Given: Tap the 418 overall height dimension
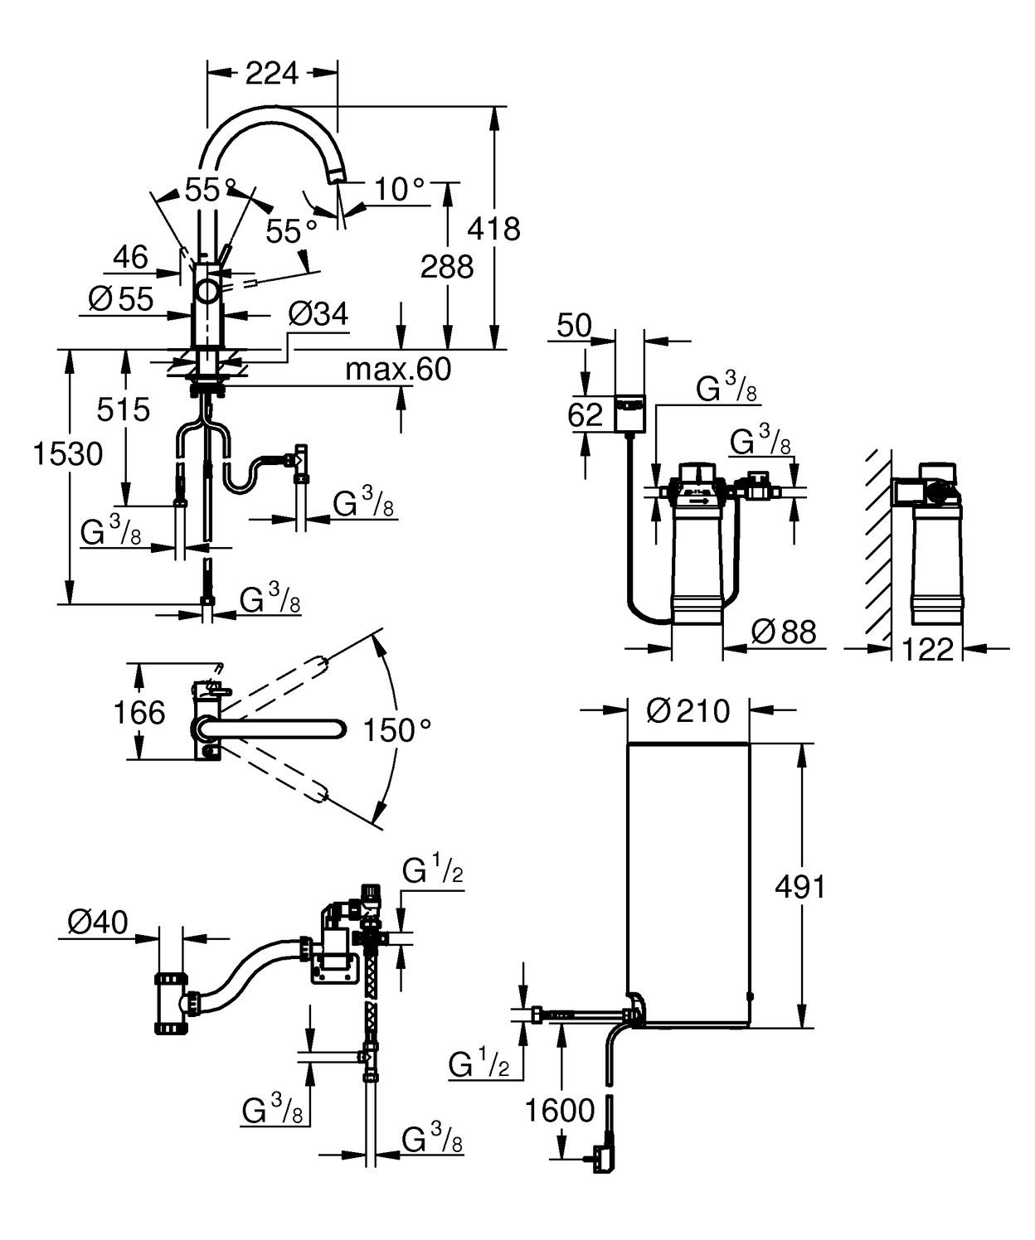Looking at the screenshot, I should [x=493, y=228].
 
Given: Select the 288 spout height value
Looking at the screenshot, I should [x=447, y=267].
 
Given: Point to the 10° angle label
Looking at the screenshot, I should [x=399, y=190].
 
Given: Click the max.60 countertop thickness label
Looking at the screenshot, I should [x=398, y=369].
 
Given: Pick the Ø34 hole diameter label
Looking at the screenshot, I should [x=318, y=314].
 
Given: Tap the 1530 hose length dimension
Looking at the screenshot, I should [x=68, y=454].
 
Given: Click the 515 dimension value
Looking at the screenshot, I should [x=124, y=409].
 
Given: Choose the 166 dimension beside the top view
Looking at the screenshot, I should [x=138, y=712].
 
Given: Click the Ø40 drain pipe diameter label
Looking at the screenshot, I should [x=98, y=922].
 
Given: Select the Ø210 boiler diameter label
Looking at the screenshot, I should [x=688, y=710].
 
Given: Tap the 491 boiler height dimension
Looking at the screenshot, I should [x=799, y=887].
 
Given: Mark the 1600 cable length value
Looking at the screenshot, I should [x=560, y=1111].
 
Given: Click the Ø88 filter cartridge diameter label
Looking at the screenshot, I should [x=783, y=632].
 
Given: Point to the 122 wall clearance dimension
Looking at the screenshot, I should [x=927, y=649].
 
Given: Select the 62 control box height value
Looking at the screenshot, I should [x=585, y=414].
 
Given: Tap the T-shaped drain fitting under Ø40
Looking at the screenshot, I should [x=172, y=1003].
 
